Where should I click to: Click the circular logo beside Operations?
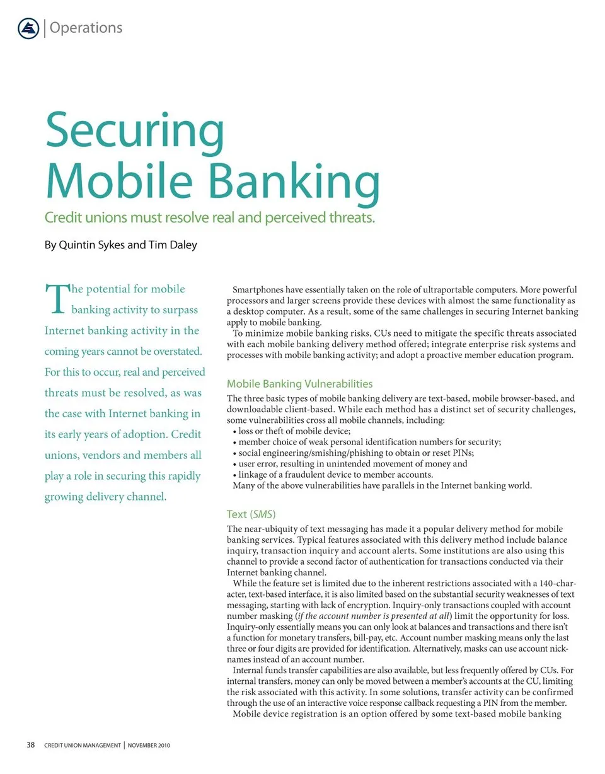tap(28, 28)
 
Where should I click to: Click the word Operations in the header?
tap(85, 28)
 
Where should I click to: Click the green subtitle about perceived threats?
tap(210, 218)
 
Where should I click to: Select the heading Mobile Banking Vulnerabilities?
tap(299, 384)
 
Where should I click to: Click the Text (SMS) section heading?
tap(251, 514)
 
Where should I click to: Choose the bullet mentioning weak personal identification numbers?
tap(369, 442)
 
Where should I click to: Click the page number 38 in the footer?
tap(30, 746)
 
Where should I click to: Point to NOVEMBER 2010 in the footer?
tap(149, 746)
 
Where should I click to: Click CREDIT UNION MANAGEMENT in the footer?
tap(82, 746)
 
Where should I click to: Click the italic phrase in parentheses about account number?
tap(374, 615)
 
